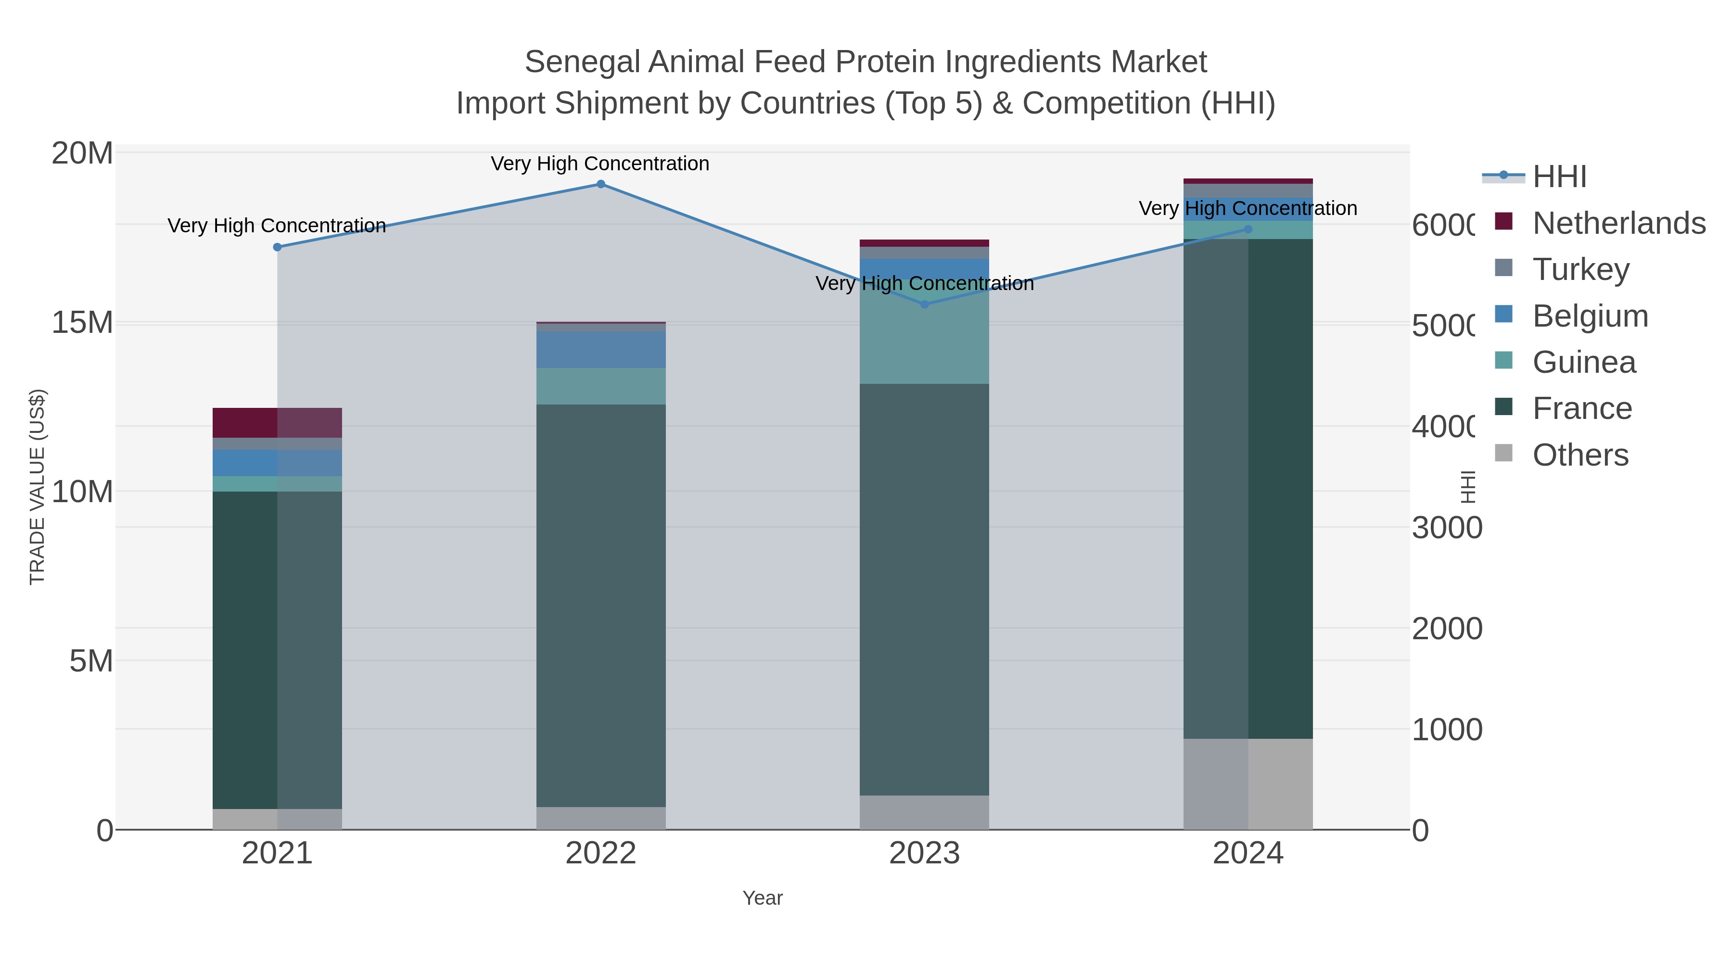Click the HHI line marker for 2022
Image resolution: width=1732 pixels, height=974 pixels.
tap(600, 184)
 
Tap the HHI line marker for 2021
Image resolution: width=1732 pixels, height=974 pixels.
tap(277, 247)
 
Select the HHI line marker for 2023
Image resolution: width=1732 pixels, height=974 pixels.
tap(924, 304)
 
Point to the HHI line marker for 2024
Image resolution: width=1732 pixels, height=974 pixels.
tap(1248, 229)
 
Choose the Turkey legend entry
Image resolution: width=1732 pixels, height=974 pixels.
tap(1580, 269)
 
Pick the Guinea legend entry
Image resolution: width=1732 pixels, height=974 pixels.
tap(1583, 362)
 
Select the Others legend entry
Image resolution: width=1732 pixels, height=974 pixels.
tap(1580, 455)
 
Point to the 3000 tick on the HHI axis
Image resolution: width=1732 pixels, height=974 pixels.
tap(1446, 528)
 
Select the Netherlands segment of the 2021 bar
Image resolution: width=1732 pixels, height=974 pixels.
tap(277, 423)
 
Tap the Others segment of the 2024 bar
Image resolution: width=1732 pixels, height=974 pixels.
tap(1248, 784)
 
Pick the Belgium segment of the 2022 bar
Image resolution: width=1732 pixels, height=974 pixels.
tap(600, 350)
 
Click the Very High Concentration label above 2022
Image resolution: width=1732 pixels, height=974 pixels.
tap(600, 164)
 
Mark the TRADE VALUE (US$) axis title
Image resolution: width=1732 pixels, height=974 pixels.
tap(38, 487)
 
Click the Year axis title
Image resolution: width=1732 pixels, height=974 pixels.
tap(763, 898)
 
